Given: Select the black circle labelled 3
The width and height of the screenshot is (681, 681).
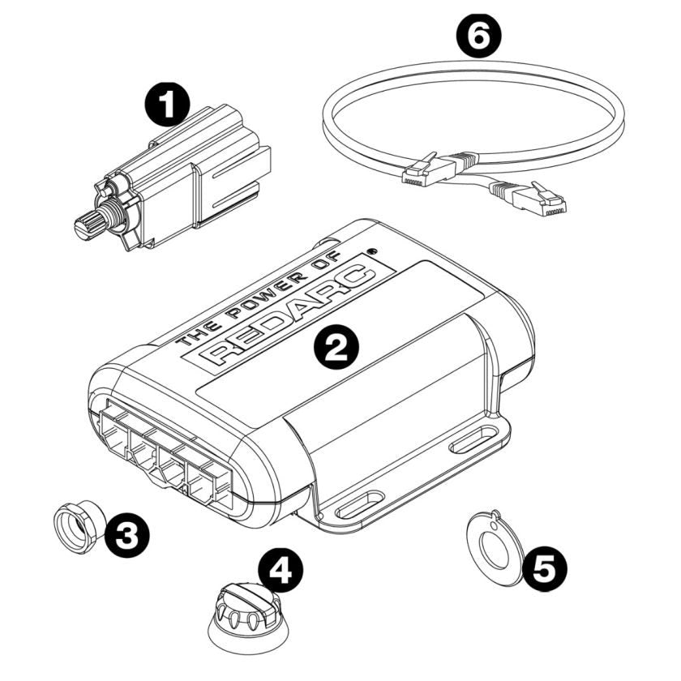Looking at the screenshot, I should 128,534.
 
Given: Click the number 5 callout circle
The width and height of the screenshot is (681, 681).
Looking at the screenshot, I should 544,567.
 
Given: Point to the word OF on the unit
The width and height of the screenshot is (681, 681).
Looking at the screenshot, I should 324,271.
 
